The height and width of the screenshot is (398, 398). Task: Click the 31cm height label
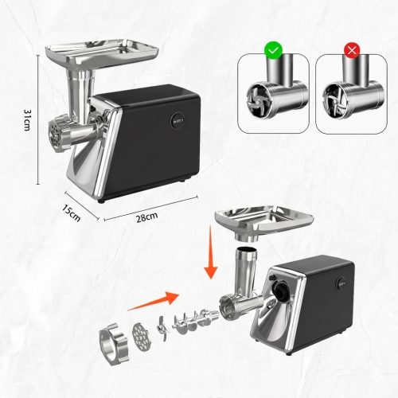click(x=27, y=119)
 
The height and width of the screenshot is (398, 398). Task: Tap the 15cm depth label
click(x=72, y=213)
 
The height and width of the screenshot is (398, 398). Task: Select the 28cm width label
click(x=147, y=217)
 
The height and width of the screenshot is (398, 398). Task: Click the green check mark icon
click(x=274, y=50)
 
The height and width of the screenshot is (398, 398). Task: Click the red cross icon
click(x=352, y=49)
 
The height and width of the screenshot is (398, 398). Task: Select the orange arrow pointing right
click(x=153, y=301)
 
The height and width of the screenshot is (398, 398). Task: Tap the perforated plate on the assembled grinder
click(x=56, y=134)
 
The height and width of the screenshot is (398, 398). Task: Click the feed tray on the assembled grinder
click(x=102, y=53)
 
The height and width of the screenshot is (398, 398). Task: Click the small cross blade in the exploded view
click(x=162, y=329)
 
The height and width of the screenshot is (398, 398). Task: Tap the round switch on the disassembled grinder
click(x=341, y=284)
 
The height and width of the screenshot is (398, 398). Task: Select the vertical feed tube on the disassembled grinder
click(x=247, y=269)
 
